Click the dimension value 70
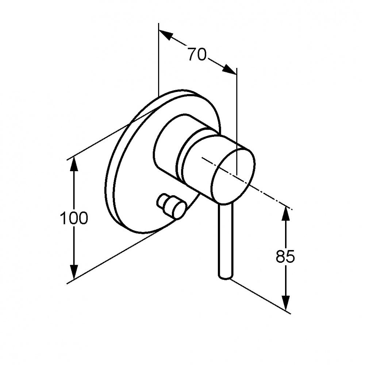pyautogui.click(x=197, y=54)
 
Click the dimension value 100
pyautogui.click(x=74, y=218)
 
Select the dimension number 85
pyautogui.click(x=285, y=256)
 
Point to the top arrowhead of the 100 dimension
pyautogui.click(x=74, y=165)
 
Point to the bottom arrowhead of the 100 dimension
pyautogui.click(x=74, y=271)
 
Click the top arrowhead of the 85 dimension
pyautogui.click(x=286, y=214)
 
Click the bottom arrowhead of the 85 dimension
pyautogui.click(x=286, y=303)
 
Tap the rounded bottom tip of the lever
pyautogui.click(x=225, y=278)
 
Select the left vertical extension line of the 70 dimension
pyautogui.click(x=158, y=60)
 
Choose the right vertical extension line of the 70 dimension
pyautogui.click(x=237, y=121)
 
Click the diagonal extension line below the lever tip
pyautogui.click(x=260, y=296)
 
